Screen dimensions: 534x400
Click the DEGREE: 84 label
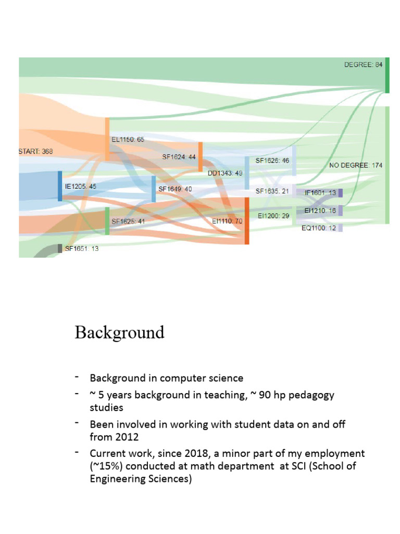(363, 65)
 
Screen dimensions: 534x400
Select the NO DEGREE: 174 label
(356, 165)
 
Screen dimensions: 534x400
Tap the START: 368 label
(35, 151)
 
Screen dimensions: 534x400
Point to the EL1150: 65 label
(128, 140)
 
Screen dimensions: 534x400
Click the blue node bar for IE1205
(60, 186)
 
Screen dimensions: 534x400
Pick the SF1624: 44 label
(179, 156)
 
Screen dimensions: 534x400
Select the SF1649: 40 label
(175, 189)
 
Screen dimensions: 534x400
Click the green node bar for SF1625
(107, 221)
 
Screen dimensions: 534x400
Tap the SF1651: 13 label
(82, 249)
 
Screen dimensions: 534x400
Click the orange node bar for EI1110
(246, 221)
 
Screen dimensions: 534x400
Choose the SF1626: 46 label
(272, 161)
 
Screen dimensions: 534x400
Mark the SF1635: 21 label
(272, 191)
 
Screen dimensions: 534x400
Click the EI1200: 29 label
(273, 215)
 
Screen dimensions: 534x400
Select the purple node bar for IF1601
(340, 193)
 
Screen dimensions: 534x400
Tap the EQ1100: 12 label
(319, 228)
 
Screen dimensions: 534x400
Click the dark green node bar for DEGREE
(387, 75)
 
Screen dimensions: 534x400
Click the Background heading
(119, 332)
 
